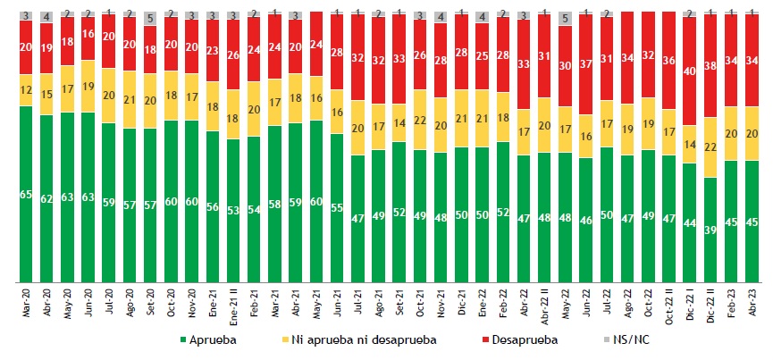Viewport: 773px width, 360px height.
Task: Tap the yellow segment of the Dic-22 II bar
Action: click(x=711, y=147)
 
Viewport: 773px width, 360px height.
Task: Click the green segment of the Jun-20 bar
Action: click(x=88, y=197)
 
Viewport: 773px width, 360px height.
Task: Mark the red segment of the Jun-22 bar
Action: click(x=586, y=63)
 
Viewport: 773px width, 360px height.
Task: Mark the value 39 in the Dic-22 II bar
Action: click(x=711, y=229)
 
